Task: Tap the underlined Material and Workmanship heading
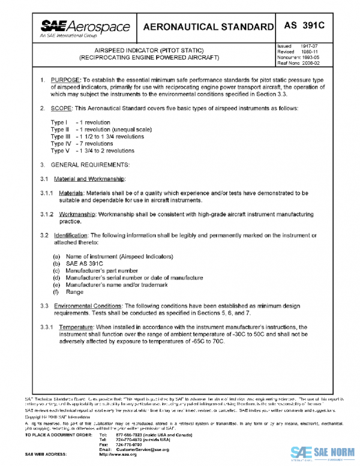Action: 89,179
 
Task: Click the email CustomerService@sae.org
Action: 134,449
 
